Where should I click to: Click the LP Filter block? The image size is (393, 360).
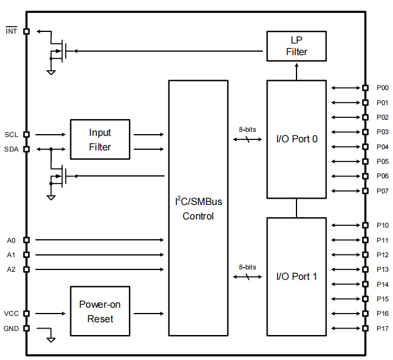pos(296,46)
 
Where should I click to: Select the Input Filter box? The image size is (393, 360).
pos(100,139)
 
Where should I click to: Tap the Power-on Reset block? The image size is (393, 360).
pos(100,311)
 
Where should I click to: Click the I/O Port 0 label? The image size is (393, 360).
pos(296,139)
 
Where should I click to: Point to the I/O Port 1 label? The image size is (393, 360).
pos(296,276)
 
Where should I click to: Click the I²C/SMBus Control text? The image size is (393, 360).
pos(198,208)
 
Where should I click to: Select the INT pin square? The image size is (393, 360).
pos(26,31)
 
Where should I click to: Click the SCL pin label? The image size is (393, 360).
pos(11,135)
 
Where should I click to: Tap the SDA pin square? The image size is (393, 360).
pos(26,149)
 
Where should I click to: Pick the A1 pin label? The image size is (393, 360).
pos(11,255)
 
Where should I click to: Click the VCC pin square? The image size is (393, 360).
pos(26,314)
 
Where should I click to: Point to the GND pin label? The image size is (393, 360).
pos(11,329)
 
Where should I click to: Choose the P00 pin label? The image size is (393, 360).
pos(383,88)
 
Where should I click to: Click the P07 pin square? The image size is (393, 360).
pos(366,191)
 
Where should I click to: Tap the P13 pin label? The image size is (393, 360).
pos(383,269)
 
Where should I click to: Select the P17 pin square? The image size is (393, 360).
pos(366,328)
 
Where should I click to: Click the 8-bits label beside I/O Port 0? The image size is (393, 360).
pos(248,129)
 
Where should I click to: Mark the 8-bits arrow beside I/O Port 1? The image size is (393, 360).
pos(248,276)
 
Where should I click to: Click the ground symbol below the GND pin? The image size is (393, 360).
pos(51,340)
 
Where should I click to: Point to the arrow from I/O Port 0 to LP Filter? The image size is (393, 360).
pos(296,72)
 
